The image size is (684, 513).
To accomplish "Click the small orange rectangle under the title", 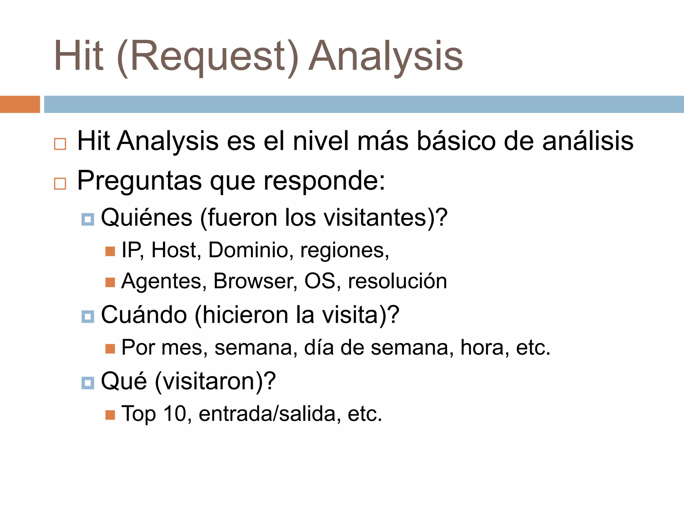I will pos(20,104).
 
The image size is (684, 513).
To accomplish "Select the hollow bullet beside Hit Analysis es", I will pos(60,144).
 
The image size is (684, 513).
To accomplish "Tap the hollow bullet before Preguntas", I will pos(60,184).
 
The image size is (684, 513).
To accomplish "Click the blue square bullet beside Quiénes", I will pos(88,219).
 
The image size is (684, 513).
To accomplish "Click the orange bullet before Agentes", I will pos(110,283).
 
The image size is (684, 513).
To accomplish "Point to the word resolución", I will pos(397,281).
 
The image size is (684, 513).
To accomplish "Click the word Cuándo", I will pos(144,315).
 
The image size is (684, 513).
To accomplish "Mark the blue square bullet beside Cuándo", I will pos(88,317).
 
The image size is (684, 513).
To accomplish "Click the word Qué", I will pos(124,381).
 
